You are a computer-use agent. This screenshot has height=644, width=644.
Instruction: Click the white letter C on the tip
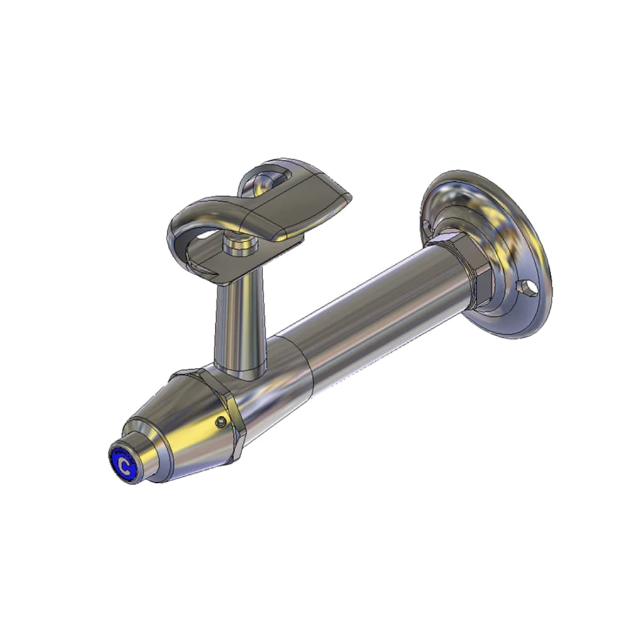pyautogui.click(x=123, y=466)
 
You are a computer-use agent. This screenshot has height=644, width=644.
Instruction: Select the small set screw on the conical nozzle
pyautogui.click(x=221, y=421)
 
